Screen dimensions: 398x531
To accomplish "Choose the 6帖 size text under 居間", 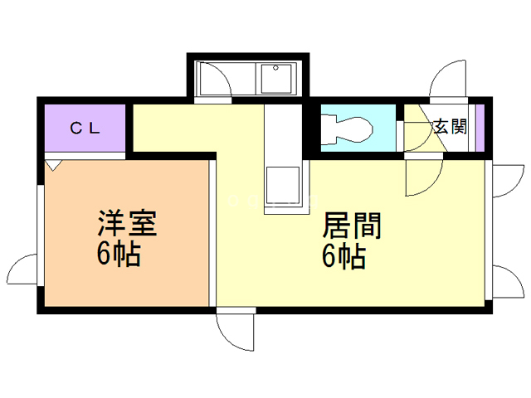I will [x=343, y=258].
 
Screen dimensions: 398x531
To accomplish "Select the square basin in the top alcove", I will [x=275, y=80].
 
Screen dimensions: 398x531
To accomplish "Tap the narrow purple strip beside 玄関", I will [x=480, y=127].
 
